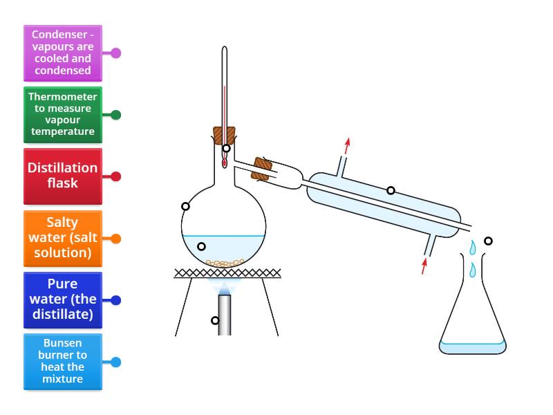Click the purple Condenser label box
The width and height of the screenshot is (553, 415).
pos(62,53)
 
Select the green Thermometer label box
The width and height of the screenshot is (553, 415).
pos(62,114)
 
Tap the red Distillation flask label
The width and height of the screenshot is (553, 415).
pos(62,176)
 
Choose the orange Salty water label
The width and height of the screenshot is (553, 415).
pos(62,239)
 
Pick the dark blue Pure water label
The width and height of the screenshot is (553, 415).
pos(62,300)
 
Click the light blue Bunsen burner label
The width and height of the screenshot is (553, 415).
pos(62,362)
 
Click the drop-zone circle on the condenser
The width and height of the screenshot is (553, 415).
pos(391,190)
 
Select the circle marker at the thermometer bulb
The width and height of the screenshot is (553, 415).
pos(226,149)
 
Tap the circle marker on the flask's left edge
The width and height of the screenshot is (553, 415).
pos(185,206)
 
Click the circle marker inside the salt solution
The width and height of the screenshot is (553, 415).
pos(201,246)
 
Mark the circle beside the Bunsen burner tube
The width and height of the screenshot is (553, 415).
pos(215,320)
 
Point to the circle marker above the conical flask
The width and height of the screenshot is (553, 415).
pos(488,241)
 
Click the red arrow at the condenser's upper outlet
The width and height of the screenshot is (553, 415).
pos(347,145)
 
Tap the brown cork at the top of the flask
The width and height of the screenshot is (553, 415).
pos(224,134)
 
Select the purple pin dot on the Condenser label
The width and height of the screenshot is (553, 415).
pos(116,53)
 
